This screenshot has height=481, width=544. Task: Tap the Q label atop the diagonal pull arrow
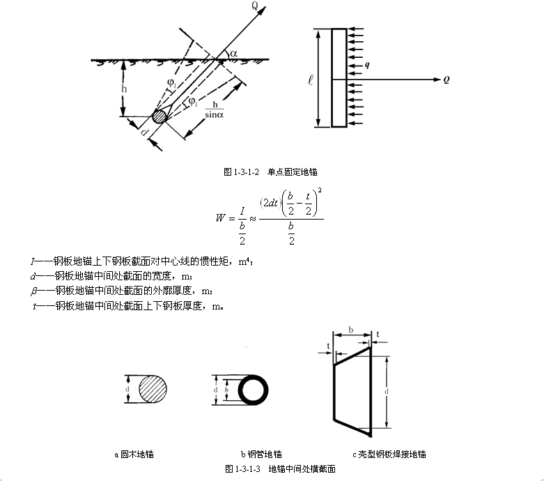tap(256, 8)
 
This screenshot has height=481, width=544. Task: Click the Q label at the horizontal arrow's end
tap(445, 79)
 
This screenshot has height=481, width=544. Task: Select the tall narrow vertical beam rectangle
tap(339, 78)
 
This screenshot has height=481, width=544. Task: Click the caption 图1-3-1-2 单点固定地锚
tap(271, 171)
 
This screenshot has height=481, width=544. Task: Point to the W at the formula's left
tap(221, 217)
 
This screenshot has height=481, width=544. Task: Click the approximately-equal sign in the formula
tap(252, 217)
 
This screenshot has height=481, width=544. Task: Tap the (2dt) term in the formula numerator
tap(270, 202)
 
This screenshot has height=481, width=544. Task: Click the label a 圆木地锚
tap(134, 455)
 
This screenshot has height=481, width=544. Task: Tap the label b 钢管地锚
tap(261, 455)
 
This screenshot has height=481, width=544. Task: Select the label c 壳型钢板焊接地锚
tap(390, 455)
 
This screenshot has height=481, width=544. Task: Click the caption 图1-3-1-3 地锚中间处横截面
tap(280, 469)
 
